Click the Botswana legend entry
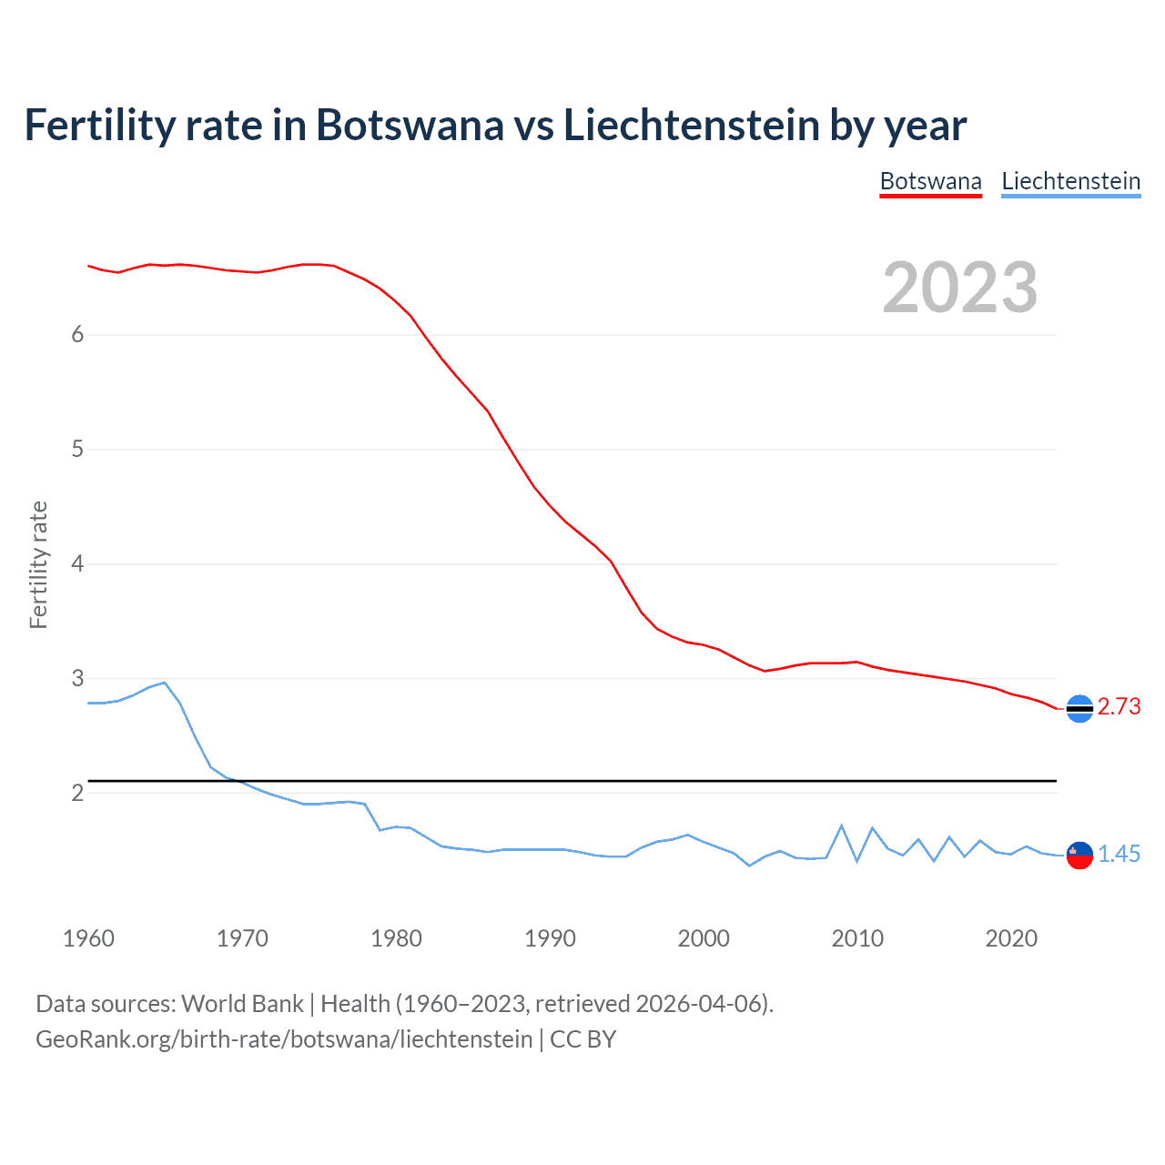click(x=930, y=181)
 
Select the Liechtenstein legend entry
click(x=1070, y=181)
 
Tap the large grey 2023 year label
click(x=959, y=288)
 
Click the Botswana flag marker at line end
click(x=1079, y=708)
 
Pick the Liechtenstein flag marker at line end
click(x=1079, y=855)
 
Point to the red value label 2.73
click(x=1119, y=707)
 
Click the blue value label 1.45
click(x=1119, y=854)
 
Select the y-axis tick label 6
click(x=77, y=335)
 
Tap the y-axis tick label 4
click(x=77, y=564)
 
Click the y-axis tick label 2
click(x=77, y=794)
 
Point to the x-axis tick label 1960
click(x=88, y=938)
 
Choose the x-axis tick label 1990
click(x=550, y=938)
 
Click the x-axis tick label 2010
click(x=857, y=938)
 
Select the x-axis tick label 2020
click(x=1011, y=938)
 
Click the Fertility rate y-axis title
click(x=38, y=564)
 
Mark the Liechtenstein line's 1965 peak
click(x=165, y=683)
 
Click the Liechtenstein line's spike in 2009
click(x=842, y=826)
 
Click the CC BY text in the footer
click(x=582, y=1039)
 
